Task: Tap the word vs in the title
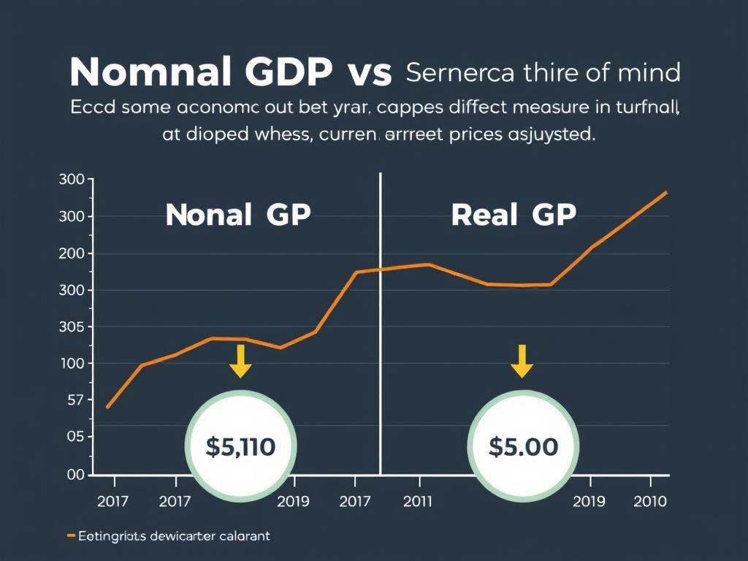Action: [367, 74]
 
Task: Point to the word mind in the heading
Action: [648, 72]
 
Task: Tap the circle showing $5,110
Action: [240, 446]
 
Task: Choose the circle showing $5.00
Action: [523, 446]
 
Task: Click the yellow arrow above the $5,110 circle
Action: [240, 361]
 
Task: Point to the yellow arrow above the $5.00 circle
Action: [522, 361]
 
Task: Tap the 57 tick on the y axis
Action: [75, 400]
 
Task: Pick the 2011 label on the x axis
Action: [416, 501]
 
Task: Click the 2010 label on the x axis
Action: [649, 501]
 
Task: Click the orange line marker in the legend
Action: [71, 536]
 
